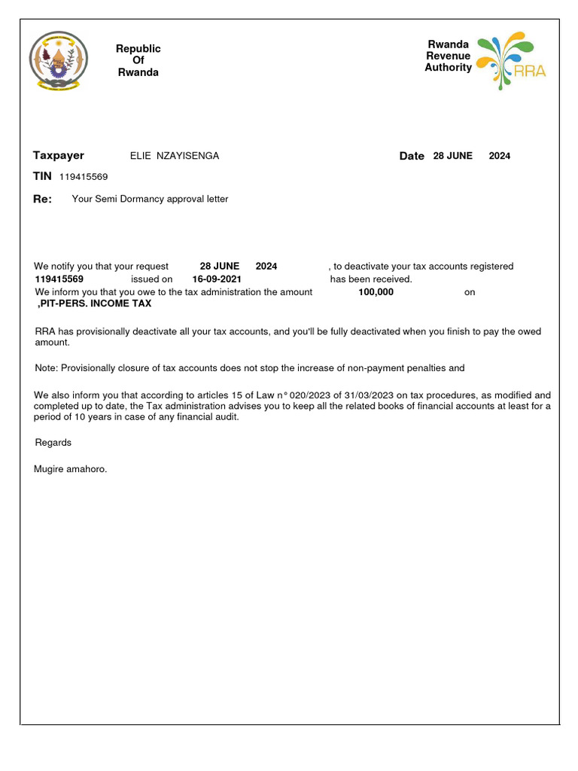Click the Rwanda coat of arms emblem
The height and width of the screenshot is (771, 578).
point(59,60)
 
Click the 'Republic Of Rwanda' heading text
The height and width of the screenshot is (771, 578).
point(138,60)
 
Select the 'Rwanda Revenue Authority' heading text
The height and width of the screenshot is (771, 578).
point(448,56)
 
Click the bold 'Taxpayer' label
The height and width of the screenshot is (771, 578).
point(59,156)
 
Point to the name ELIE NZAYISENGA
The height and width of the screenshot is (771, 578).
point(175,156)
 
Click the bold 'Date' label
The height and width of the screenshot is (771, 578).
point(412,156)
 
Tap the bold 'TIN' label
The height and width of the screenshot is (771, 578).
point(42,176)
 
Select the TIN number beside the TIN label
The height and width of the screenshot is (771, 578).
point(84,177)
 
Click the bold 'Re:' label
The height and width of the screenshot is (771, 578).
point(43,200)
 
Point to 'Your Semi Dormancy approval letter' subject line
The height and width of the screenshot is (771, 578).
point(150,199)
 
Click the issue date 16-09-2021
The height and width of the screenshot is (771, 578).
point(217,279)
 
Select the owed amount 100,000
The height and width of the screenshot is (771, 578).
point(376,292)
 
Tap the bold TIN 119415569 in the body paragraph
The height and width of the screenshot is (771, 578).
point(59,279)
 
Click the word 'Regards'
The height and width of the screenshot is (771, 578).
point(53,443)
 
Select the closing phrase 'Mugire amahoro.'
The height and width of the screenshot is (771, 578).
point(71,469)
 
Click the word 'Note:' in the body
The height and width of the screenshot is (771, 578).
point(47,368)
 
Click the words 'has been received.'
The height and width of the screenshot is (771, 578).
point(371,279)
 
